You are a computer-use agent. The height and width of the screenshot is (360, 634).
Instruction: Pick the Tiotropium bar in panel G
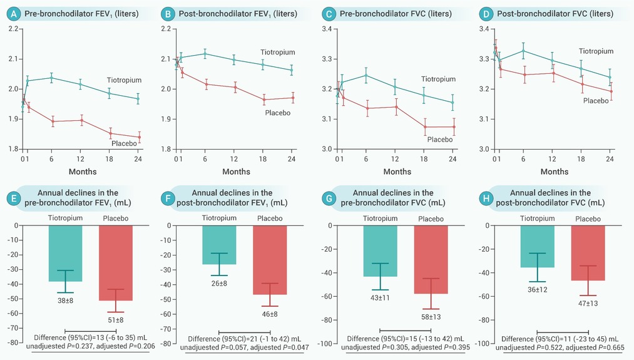point(380,250)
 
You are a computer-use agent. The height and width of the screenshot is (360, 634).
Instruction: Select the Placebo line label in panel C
point(439,139)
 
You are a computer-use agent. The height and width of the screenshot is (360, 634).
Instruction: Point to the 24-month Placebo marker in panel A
point(139,137)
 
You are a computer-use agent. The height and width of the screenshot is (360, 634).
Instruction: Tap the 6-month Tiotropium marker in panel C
point(366,75)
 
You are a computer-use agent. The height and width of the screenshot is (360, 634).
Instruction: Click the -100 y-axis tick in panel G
point(327,343)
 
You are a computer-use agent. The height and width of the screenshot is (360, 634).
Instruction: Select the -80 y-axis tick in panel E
point(12,343)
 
